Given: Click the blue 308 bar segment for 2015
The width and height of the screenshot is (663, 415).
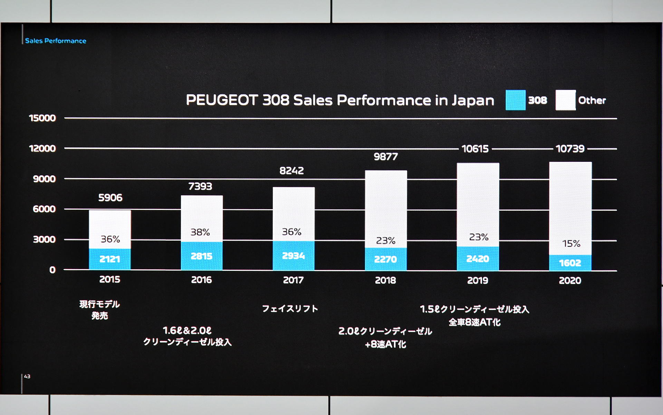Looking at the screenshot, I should [110, 259].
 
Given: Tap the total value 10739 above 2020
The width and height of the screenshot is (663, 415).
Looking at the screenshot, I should [570, 149].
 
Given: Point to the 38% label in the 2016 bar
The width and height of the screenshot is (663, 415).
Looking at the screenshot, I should [200, 232].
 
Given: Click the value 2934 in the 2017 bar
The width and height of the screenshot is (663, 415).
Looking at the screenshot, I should [294, 256].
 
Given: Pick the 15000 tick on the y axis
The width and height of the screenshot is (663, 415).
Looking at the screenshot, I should [42, 118].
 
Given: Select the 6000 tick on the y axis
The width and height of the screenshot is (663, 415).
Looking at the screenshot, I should [44, 209].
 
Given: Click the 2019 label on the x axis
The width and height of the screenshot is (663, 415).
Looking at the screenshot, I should [478, 280].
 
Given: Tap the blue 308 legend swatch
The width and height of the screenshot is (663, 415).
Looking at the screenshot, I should [516, 100].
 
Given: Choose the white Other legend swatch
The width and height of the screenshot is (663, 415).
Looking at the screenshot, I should [566, 100].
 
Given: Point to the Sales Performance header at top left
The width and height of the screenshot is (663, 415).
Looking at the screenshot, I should [56, 41].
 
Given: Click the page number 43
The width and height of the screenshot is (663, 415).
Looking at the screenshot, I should [27, 376].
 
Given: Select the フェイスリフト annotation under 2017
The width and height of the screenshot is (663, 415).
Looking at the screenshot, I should [290, 308].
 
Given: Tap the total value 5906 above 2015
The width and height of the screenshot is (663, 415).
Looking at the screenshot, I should [110, 198].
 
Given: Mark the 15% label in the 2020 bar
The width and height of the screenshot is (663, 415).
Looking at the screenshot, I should [571, 244].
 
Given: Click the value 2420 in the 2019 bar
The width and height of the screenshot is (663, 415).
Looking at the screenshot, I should [478, 259].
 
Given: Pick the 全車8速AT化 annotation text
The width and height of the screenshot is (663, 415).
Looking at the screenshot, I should [474, 322].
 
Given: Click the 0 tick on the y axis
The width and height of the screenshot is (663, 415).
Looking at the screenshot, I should [52, 270].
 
